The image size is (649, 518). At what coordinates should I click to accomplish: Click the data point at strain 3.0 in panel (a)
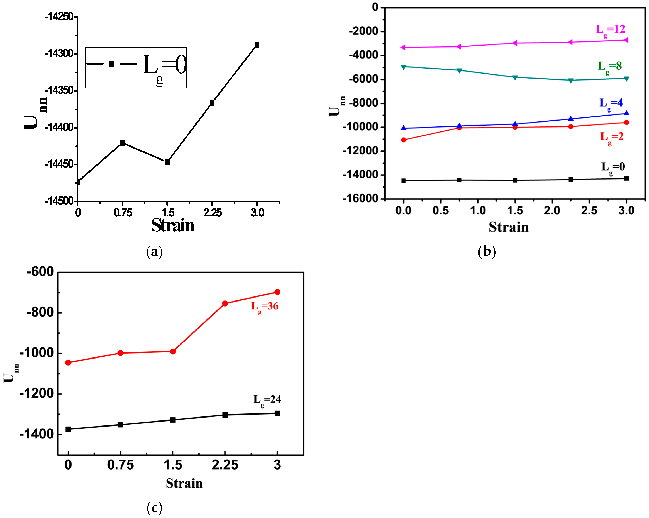tap(257, 44)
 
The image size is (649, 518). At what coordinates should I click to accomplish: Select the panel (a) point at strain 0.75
tap(122, 143)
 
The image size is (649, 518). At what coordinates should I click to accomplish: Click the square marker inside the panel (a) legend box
tap(112, 64)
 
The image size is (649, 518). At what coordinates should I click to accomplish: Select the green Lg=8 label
tap(610, 66)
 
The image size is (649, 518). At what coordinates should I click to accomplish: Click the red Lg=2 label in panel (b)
tap(612, 137)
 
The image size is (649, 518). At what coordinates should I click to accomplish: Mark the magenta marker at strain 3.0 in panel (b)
tap(626, 40)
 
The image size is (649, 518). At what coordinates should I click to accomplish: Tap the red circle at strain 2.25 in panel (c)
tap(225, 303)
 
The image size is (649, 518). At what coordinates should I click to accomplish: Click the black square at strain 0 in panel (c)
tap(68, 429)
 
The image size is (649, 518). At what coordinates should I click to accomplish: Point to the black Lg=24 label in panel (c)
tap(267, 400)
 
